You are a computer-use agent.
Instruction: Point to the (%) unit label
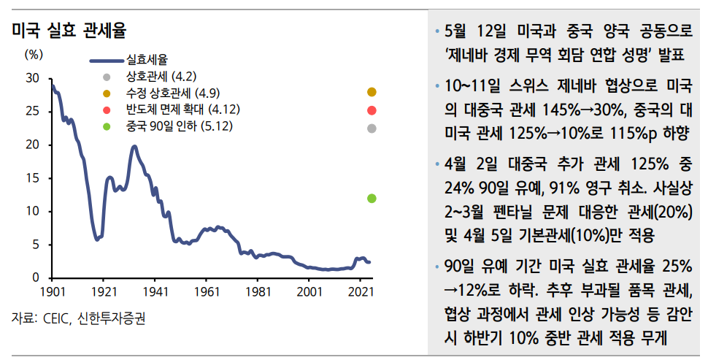34,54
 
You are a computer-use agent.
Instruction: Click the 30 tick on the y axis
34,78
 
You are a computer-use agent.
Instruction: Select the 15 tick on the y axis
34,177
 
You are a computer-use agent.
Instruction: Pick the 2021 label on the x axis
360,291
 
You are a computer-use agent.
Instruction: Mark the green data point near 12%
372,198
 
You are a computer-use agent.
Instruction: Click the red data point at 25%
372,111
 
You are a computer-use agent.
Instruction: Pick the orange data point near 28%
372,92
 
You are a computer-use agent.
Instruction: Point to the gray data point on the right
372,129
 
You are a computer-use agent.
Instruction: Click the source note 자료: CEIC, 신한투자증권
78,320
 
